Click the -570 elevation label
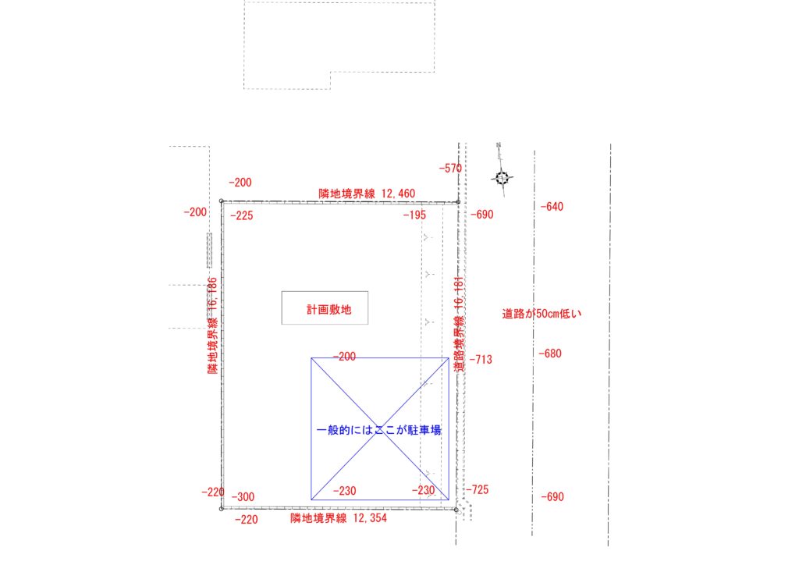450,168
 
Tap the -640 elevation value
552,206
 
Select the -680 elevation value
550,353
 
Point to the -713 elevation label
481,359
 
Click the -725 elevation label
477,489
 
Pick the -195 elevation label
414,215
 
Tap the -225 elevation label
242,215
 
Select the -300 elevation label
243,497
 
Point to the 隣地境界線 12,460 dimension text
367,194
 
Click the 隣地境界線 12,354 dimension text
339,518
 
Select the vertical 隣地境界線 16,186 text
212,325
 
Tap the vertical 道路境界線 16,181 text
459,324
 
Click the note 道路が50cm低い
542,314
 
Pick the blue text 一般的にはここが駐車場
378,430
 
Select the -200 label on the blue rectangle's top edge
344,357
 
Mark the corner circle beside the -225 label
221,201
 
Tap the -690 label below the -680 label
552,497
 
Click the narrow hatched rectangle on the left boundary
209,251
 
